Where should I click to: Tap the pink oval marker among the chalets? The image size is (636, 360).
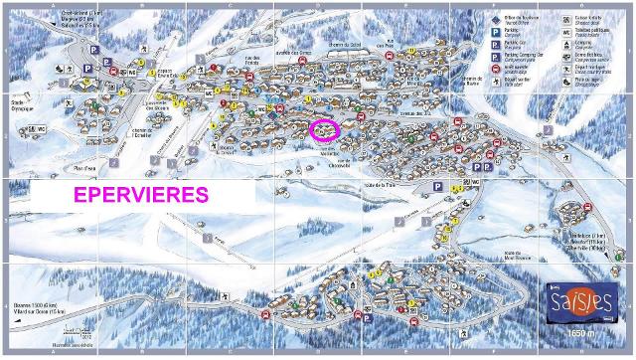[x=325, y=129]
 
